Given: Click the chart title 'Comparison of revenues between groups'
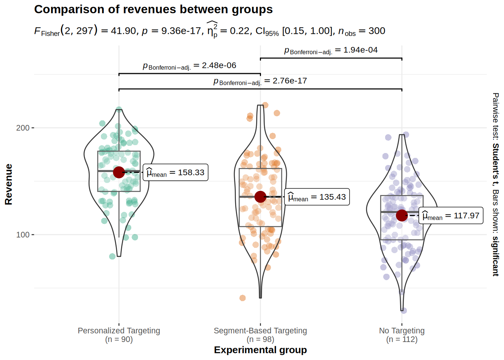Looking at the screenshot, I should click(x=153, y=9).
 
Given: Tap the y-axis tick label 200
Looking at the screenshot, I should click(x=22, y=128).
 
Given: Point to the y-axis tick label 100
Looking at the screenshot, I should click(x=22, y=235).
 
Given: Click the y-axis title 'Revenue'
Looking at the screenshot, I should click(x=8, y=184).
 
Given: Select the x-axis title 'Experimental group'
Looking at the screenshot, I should click(x=260, y=350).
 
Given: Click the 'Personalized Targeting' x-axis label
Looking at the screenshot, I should click(x=119, y=331).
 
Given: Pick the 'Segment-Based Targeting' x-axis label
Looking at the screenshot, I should click(x=260, y=331).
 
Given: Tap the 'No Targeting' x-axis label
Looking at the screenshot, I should click(x=402, y=331).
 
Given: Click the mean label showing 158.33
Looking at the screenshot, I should click(x=175, y=172).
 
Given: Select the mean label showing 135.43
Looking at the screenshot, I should click(x=317, y=197).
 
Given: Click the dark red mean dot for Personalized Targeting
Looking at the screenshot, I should click(x=119, y=172).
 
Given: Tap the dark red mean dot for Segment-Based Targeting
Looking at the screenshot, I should click(x=260, y=196).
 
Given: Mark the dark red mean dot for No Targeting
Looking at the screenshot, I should click(x=402, y=215).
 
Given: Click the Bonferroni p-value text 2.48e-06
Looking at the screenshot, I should click(x=189, y=66).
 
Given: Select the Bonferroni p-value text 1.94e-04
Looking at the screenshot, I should click(x=331, y=50).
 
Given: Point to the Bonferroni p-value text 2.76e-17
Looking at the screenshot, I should click(x=260, y=81).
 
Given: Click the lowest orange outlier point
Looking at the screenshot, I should click(x=243, y=298).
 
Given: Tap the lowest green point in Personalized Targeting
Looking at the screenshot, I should click(x=112, y=256).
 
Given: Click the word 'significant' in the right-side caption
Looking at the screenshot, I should click(x=495, y=256).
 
